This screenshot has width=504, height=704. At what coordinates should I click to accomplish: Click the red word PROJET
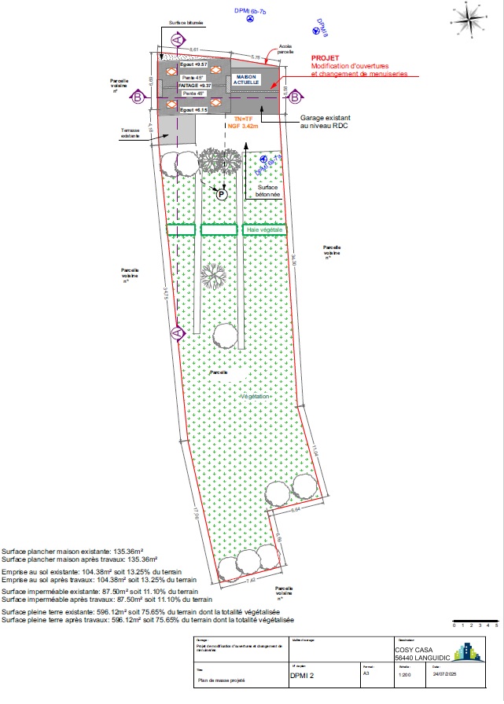(x=324, y=58)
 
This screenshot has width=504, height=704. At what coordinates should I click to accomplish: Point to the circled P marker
(x=222, y=194)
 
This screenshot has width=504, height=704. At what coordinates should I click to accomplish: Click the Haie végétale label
(x=263, y=229)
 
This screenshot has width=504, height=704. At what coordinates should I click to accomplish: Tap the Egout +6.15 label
(x=192, y=109)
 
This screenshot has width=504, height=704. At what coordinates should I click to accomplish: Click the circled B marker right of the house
(x=295, y=97)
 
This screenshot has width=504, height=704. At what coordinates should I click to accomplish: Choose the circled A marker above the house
(x=177, y=38)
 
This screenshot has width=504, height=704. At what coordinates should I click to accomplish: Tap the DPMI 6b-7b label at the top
(x=251, y=10)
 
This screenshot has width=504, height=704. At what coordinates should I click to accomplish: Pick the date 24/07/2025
(x=443, y=673)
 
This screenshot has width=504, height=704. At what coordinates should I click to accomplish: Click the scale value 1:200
(x=406, y=673)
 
